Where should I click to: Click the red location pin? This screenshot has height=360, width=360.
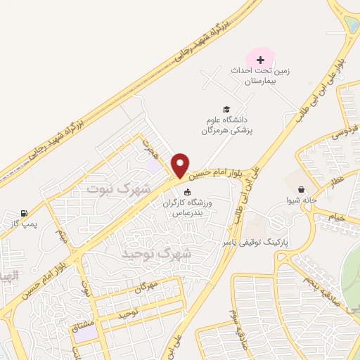(x=180, y=165)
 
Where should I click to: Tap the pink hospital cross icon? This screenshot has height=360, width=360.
(x=260, y=60)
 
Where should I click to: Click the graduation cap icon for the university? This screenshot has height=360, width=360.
(x=226, y=109)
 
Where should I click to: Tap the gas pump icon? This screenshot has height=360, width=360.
(x=25, y=212)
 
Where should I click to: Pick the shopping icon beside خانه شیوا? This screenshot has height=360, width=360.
(x=302, y=189)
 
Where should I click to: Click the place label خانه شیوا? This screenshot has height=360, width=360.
(x=302, y=200)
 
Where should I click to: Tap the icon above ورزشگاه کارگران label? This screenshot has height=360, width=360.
(x=186, y=193)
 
